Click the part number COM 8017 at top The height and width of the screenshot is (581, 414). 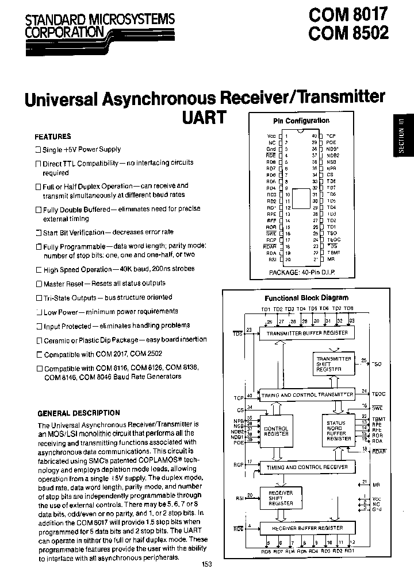pos(348,13)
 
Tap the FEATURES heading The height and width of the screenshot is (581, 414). pos(53,137)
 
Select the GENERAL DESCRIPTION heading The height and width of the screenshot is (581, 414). pos(79,413)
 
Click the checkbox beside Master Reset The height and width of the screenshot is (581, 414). pos(39,284)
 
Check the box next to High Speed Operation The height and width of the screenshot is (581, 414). pos(39,270)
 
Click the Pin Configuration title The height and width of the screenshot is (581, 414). pos(301,121)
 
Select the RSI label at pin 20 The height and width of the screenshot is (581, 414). pos(272,259)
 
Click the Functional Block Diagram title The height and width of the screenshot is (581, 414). pos(306,298)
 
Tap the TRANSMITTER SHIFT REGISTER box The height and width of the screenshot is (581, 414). pos(333,364)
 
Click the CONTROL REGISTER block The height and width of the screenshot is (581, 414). pos(275,431)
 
